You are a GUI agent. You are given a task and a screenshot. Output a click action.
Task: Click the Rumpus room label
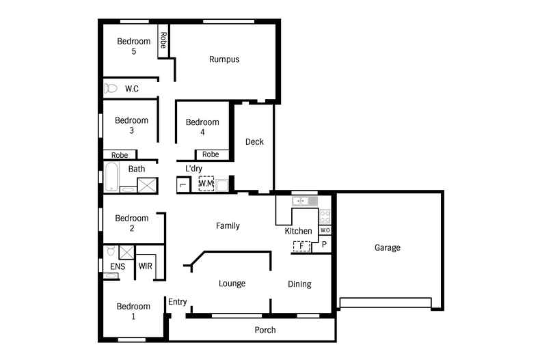click(224, 59)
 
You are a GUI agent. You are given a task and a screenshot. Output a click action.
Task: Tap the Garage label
click(387, 247)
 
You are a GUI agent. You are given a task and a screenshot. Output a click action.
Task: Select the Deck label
click(254, 142)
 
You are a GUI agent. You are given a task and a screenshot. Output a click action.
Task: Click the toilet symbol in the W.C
click(111, 88)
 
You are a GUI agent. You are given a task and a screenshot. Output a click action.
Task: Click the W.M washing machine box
click(206, 184)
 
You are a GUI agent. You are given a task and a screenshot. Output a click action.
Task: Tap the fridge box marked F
click(301, 247)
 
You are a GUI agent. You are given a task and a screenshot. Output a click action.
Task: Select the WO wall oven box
click(325, 230)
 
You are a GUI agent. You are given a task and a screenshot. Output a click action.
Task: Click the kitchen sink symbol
click(301, 201)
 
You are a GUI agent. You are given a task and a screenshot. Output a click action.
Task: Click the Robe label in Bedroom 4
click(211, 155)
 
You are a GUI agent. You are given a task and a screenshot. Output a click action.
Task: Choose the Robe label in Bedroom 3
click(120, 155)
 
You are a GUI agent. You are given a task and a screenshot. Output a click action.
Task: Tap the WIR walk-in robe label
click(145, 266)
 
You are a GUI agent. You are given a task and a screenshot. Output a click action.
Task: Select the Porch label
click(265, 330)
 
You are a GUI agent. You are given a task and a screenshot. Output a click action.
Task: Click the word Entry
click(178, 301)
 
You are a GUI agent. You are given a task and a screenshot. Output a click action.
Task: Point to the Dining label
click(299, 284)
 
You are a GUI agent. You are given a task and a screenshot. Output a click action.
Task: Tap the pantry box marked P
click(324, 244)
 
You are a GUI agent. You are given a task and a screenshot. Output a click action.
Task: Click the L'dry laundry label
click(193, 169)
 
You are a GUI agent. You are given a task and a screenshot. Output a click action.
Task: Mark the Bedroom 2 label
click(131, 223)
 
